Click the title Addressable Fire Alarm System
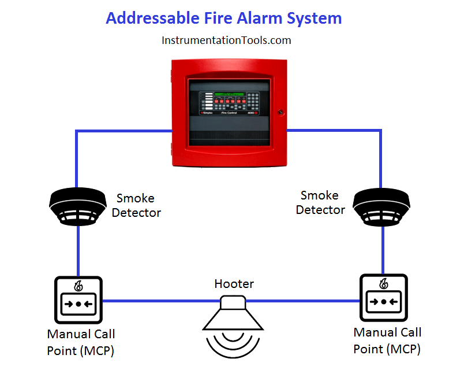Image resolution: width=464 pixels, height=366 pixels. [x=224, y=18]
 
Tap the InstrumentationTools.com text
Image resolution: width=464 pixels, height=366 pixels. [x=226, y=40]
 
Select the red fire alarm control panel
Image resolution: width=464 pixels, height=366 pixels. [x=229, y=113]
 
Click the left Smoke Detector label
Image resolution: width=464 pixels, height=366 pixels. [x=136, y=206]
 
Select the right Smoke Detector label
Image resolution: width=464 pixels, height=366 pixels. [x=320, y=202]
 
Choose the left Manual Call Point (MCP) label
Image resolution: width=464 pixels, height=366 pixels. [x=81, y=342]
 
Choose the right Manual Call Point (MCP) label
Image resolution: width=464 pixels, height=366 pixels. [x=387, y=341]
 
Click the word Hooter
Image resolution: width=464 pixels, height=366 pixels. [x=234, y=284]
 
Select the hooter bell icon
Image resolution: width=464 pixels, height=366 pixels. [x=234, y=316]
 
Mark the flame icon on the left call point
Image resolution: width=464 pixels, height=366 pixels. [x=78, y=286]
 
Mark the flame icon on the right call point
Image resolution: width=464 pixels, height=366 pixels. [x=383, y=283]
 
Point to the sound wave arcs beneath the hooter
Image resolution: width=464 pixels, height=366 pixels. [x=234, y=345]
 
